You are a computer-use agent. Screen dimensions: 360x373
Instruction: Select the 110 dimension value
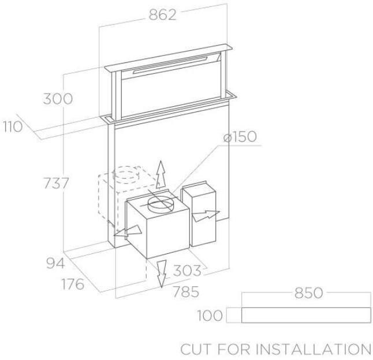tap(12, 126)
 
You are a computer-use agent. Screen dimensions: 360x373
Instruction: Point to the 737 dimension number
tap(57, 183)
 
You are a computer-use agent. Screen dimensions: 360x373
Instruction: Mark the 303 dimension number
tap(188, 270)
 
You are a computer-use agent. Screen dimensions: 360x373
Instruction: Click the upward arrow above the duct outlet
tap(162, 173)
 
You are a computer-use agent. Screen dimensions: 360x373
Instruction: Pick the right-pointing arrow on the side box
tap(206, 216)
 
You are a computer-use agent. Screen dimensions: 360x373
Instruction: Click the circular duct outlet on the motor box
tap(159, 202)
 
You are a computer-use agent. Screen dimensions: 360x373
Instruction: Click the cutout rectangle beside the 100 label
tap(305, 316)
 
